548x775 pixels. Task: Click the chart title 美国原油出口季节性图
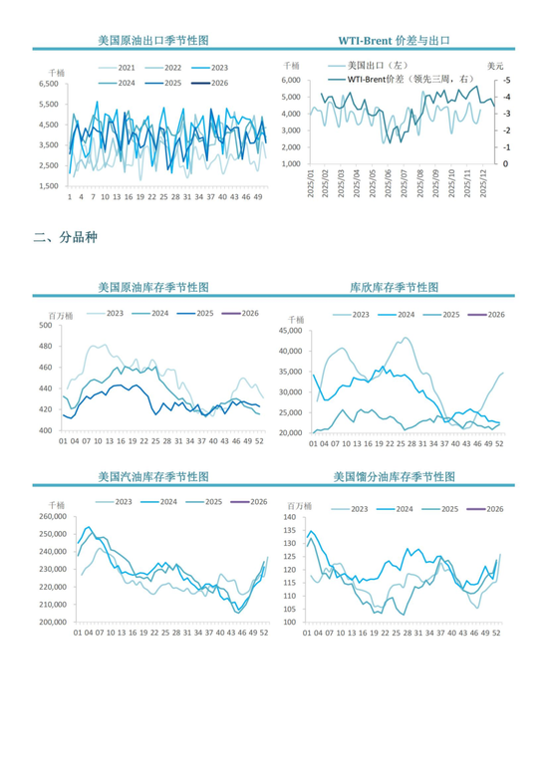tap(152, 41)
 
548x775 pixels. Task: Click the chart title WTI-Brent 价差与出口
tap(393, 41)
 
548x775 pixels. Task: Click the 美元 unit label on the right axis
tap(496, 66)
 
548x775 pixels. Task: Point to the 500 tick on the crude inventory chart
tap(45, 326)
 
